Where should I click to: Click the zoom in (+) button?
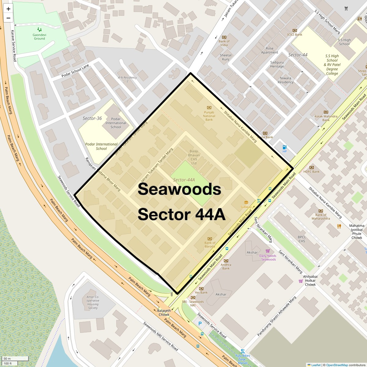[8, 9]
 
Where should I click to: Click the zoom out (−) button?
[8, 18]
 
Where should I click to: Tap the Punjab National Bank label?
[209, 116]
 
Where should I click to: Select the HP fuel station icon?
[284, 147]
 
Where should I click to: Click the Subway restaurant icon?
[246, 202]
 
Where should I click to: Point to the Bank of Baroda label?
[210, 244]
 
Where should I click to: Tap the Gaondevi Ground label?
[39, 37]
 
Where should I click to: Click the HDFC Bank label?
[312, 172]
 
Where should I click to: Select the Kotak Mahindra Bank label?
[326, 118]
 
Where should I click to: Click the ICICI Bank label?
[295, 35]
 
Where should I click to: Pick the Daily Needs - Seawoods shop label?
[268, 258]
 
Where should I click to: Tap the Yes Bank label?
[201, 292]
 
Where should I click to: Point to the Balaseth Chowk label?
[164, 313]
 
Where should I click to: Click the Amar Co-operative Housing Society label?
[93, 302]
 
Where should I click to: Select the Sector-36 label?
[92, 118]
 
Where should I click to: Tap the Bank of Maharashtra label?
[321, 217]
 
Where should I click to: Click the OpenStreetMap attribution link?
[337, 365]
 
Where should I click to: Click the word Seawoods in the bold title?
[179, 189]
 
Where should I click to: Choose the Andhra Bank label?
[226, 267]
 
